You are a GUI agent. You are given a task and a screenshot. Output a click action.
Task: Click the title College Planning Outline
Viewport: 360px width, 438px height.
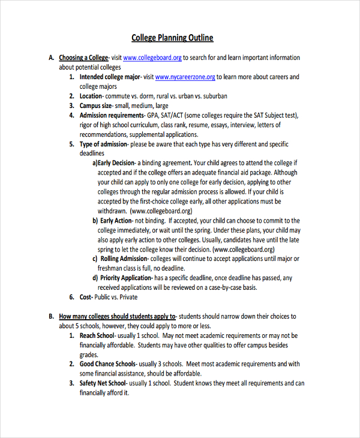(172, 38)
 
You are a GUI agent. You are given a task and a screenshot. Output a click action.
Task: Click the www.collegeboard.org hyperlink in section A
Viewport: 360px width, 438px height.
(152, 58)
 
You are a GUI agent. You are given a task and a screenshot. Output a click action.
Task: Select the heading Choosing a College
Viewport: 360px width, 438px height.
(83, 58)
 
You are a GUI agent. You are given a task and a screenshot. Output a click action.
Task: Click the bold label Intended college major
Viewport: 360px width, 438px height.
(110, 77)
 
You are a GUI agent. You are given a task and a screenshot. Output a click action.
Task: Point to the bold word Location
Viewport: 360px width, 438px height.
(91, 96)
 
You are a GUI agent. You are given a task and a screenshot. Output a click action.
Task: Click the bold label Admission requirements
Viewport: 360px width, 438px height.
(112, 115)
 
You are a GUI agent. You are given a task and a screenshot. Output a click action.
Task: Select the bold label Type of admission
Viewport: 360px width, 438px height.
(103, 145)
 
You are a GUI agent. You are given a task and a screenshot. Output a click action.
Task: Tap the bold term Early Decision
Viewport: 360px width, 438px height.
(116, 163)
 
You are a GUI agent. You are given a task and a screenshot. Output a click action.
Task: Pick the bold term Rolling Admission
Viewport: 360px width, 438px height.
(125, 259)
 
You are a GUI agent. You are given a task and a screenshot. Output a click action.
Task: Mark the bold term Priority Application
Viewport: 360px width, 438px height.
(127, 278)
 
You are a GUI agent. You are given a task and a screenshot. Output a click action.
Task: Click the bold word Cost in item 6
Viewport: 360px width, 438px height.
(85, 297)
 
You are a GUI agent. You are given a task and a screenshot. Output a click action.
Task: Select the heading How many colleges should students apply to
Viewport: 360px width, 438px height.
(117, 316)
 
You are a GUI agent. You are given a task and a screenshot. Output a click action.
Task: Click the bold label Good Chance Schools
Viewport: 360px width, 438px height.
(108, 364)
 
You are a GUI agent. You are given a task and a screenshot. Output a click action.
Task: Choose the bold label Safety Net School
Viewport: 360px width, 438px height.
(103, 383)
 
